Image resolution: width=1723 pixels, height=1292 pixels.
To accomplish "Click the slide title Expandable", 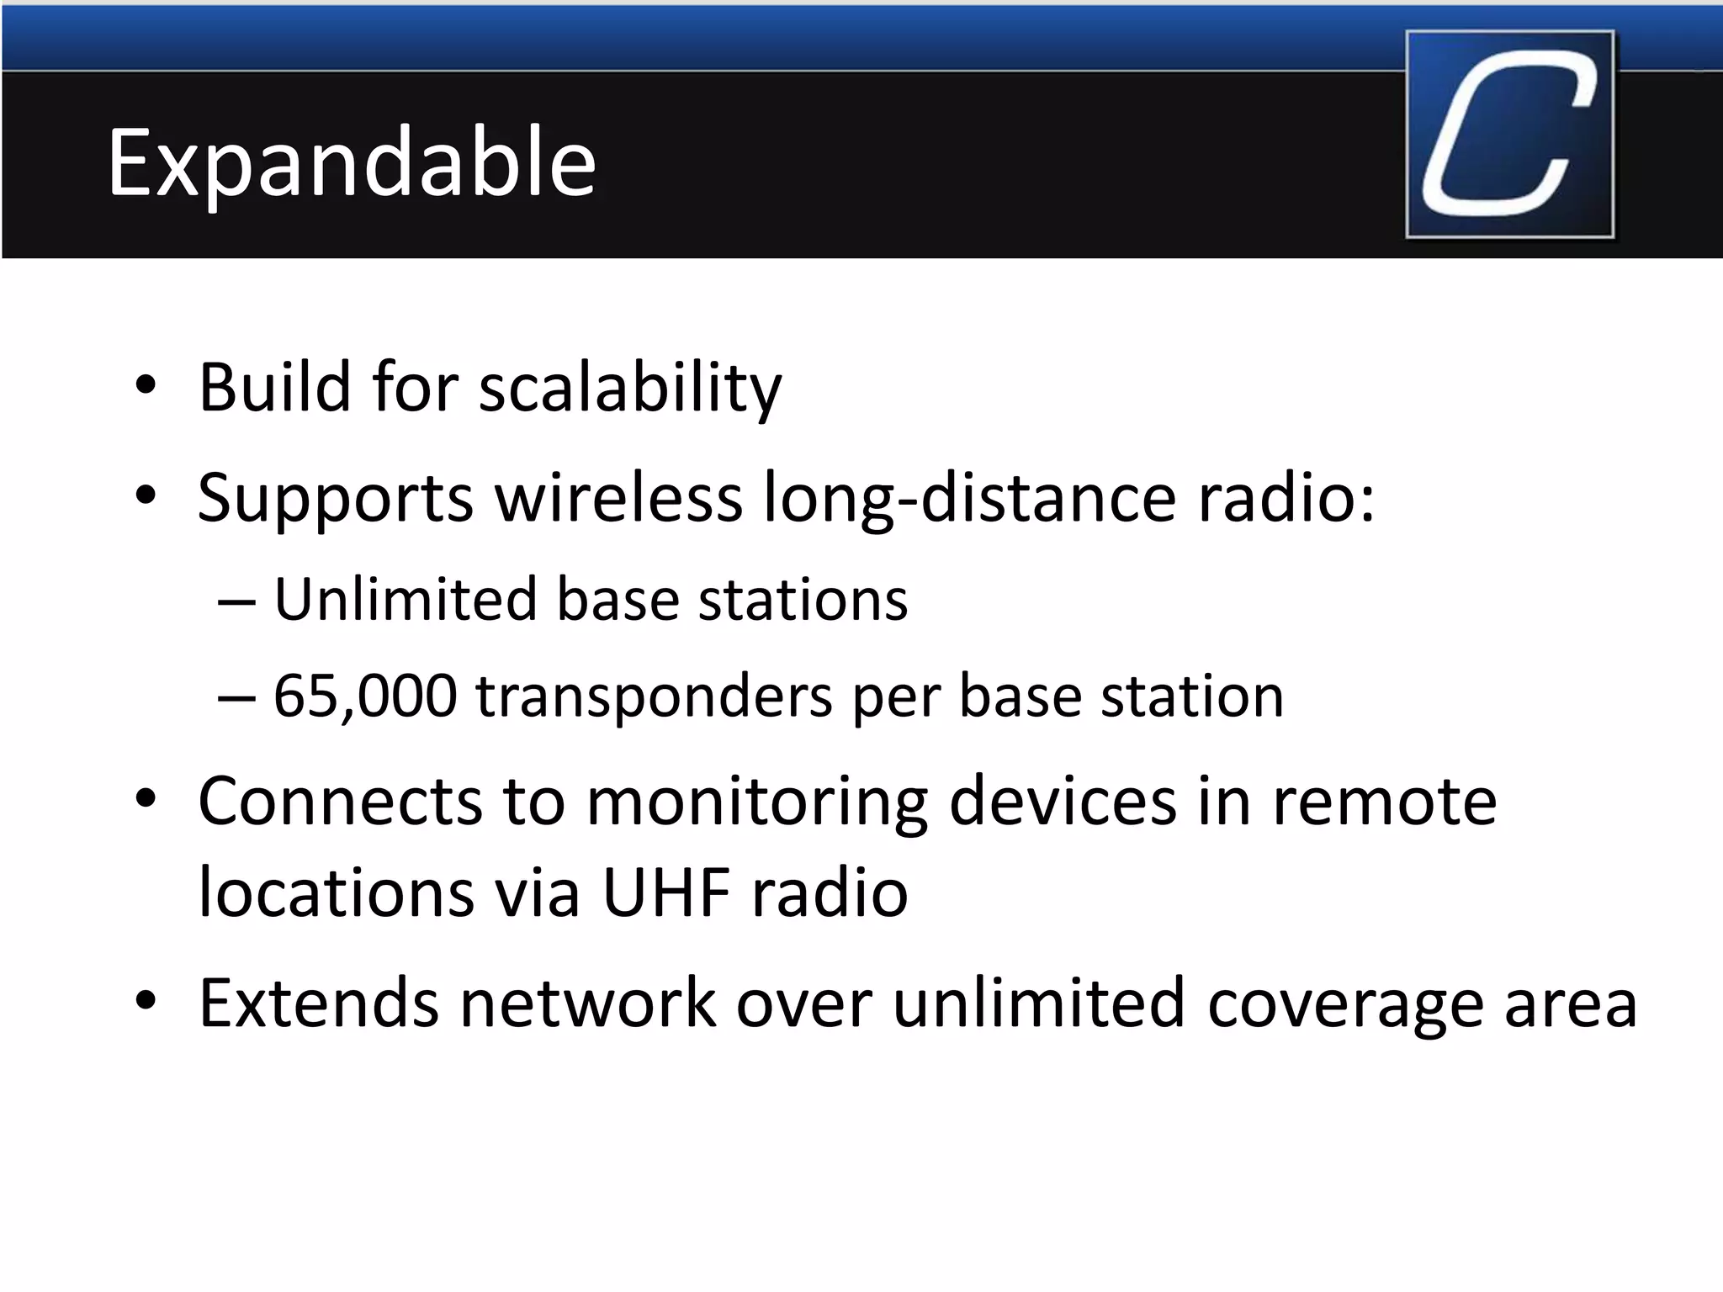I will point(352,164).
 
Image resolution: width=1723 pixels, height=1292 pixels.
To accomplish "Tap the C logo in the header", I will point(1509,135).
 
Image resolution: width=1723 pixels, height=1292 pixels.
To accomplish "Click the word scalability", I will point(630,389).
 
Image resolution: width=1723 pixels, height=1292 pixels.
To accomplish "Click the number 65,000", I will point(365,696).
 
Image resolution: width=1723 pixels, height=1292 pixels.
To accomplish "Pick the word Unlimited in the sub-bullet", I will point(406,600).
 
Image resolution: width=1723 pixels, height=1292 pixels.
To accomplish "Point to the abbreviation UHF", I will point(666,893).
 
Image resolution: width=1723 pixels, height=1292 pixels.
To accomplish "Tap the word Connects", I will point(340,802).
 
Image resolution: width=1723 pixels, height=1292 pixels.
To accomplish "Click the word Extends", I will point(318,1003).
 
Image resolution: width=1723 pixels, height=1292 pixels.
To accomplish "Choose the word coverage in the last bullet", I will point(1344,1004).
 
